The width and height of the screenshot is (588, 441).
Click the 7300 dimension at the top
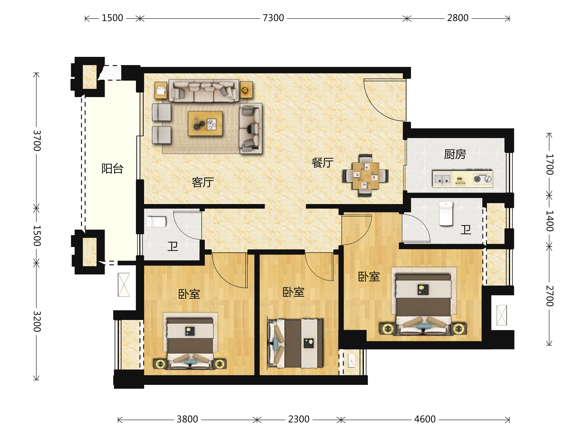(x=273, y=18)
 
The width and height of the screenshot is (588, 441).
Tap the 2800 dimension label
(x=457, y=18)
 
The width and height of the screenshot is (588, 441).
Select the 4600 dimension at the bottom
(x=425, y=419)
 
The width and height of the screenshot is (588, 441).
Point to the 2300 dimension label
(x=299, y=419)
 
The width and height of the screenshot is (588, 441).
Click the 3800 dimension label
(x=187, y=419)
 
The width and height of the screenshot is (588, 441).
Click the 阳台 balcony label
(x=112, y=169)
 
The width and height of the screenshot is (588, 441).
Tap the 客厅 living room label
(x=203, y=182)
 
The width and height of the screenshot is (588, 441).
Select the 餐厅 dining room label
(x=322, y=163)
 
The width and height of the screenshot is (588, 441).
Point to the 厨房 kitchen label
(x=455, y=154)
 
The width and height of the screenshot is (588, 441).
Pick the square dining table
(x=366, y=176)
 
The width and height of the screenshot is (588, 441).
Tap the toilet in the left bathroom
(x=156, y=222)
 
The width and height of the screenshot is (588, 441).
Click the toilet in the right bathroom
(x=446, y=213)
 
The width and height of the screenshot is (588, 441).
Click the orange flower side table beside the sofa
(x=246, y=90)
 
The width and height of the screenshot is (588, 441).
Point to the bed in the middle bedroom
(x=295, y=343)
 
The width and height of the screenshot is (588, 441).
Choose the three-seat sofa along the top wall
(x=204, y=91)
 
